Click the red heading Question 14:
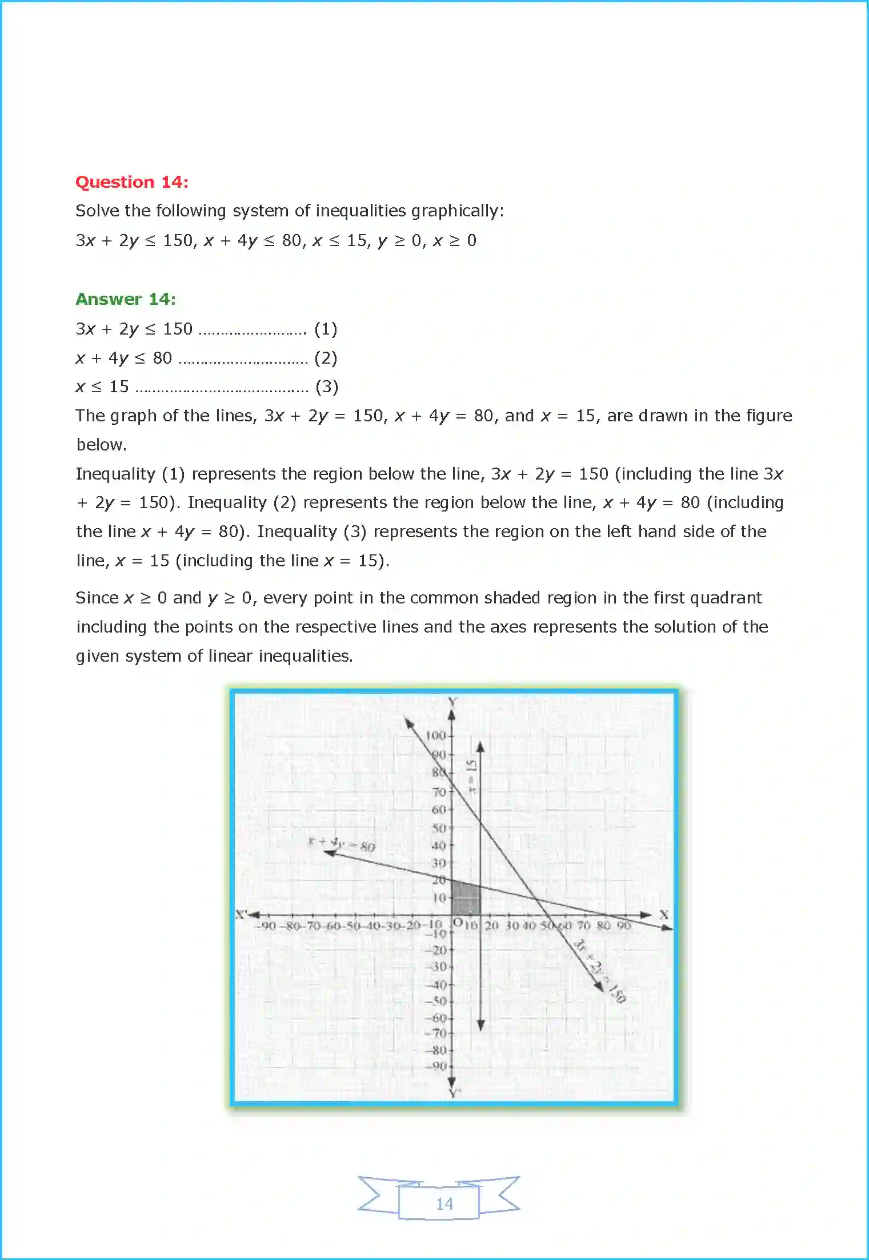pos(132,182)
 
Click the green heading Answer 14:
pos(126,299)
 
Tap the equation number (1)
pos(326,329)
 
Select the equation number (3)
pos(327,387)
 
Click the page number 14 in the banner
pos(444,1203)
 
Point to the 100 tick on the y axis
pos(436,735)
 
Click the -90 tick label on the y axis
pos(438,1066)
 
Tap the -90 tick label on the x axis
pos(266,925)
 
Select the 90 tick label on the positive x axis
pos(623,925)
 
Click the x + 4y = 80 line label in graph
pos(342,843)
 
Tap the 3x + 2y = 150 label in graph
pos(600,971)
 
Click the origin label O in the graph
pos(458,921)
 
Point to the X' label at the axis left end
pos(241,914)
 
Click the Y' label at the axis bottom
pos(454,1093)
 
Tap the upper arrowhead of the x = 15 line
pos(480,747)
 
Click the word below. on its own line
pos(101,445)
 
